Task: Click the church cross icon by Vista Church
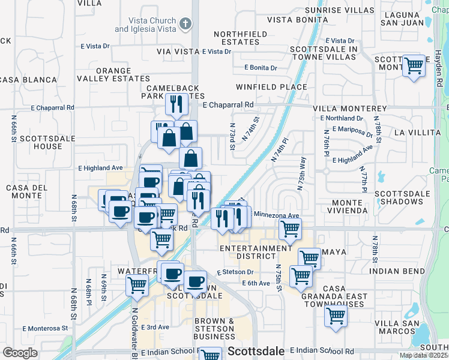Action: coord(186,24)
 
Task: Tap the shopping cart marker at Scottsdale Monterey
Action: coord(414,65)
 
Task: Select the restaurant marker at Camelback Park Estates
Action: coord(176,104)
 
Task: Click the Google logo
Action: coord(20,353)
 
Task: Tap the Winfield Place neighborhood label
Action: coord(271,87)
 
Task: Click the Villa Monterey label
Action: coord(350,109)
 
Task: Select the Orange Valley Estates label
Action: coord(121,74)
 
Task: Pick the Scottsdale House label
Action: coord(40,142)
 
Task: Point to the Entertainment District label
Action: coord(255,252)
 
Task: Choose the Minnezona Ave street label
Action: coord(276,215)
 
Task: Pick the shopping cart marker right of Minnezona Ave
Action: coord(290,229)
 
